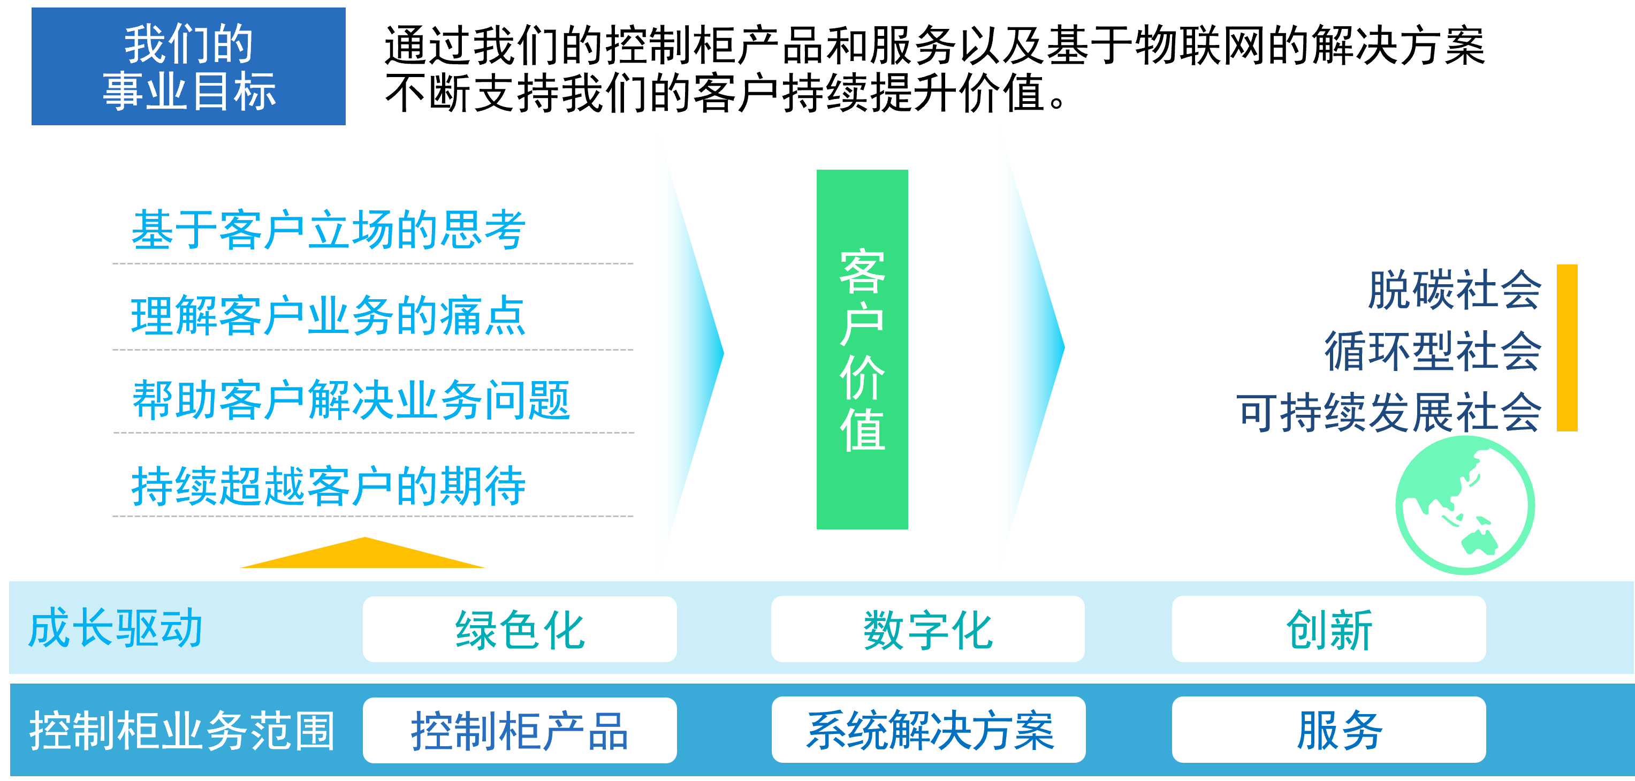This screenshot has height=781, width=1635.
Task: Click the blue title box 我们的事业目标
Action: [x=188, y=67]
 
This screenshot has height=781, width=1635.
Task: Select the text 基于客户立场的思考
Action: [x=328, y=230]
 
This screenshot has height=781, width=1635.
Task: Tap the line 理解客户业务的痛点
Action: [x=328, y=316]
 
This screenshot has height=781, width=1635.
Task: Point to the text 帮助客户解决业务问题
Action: [x=351, y=400]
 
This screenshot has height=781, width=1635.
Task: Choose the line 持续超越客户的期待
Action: [x=328, y=487]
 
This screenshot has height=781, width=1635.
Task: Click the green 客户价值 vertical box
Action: [x=862, y=349]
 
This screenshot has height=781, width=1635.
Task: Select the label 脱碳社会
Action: [x=1454, y=290]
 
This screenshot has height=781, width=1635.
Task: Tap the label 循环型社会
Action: [x=1433, y=351]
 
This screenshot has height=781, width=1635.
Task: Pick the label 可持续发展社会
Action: [x=1389, y=413]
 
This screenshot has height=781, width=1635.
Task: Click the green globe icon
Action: [x=1464, y=505]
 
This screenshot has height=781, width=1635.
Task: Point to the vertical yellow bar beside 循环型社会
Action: [x=1566, y=348]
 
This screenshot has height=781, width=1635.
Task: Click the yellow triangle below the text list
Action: [x=364, y=555]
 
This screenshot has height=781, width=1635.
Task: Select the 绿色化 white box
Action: [x=519, y=630]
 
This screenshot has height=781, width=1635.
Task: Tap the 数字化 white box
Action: [x=927, y=630]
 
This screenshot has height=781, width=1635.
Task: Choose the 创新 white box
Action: [x=1328, y=630]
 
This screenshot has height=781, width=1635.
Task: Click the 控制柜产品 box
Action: [x=519, y=730]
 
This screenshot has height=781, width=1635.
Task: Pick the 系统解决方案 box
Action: [x=929, y=730]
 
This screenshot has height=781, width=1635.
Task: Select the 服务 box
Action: [x=1328, y=730]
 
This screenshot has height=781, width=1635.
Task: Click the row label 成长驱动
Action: [x=116, y=628]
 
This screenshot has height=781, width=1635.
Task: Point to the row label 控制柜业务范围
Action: [x=182, y=730]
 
